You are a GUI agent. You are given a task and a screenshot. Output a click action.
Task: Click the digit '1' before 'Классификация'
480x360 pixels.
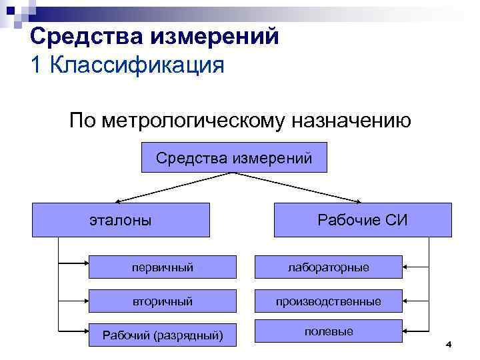point(37,66)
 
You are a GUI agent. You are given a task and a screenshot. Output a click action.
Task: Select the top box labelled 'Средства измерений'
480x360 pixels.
point(233,157)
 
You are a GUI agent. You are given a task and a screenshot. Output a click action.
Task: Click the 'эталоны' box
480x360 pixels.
point(121,220)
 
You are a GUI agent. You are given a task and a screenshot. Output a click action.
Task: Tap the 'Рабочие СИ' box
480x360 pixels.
point(362,220)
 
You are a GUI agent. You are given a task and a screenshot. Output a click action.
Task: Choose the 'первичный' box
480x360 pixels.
point(162,267)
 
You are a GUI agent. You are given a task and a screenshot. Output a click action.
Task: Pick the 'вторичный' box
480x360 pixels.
point(162,301)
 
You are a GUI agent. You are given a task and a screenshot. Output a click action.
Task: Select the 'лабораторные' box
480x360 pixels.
point(328,267)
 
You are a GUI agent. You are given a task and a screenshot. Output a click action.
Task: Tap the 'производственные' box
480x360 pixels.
point(328,301)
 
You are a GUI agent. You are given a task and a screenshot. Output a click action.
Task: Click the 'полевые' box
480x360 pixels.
point(328,331)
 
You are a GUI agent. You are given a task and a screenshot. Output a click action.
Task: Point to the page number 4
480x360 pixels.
point(448,344)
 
